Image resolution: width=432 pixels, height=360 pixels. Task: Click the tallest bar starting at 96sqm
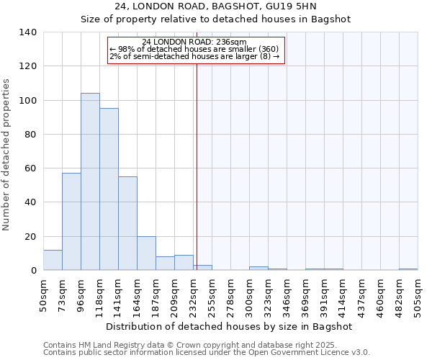point(90,181)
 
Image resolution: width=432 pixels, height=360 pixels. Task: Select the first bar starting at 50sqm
point(53,260)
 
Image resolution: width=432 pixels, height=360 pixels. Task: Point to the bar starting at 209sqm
point(184,263)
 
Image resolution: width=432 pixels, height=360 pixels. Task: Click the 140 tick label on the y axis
point(27,32)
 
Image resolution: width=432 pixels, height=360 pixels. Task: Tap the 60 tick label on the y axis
point(30,168)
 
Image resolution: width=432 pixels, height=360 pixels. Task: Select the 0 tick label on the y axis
point(33,271)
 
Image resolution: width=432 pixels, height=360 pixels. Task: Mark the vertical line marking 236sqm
point(197,166)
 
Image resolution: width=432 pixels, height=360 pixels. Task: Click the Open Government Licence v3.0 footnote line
point(207,353)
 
